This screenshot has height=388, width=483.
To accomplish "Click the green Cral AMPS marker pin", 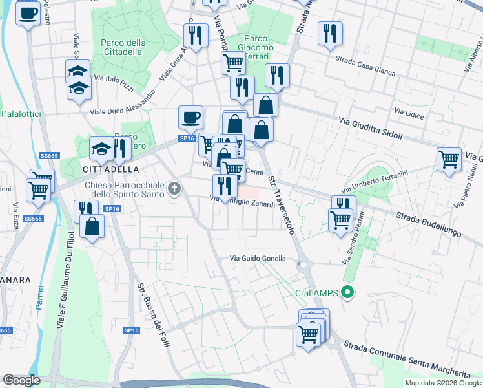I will click(348, 293).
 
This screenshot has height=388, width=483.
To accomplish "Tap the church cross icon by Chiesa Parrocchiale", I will click(173, 189).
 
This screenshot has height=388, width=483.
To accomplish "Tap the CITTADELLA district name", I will click(111, 169).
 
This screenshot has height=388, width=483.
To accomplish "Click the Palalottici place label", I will click(22, 113).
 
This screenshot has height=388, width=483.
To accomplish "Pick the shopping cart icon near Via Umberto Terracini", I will click(449, 158).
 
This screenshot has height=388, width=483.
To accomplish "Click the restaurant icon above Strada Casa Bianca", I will click(330, 32).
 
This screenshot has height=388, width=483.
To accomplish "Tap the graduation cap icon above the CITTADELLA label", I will click(101, 149).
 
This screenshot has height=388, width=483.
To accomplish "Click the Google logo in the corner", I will click(21, 380).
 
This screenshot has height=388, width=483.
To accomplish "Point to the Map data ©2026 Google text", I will click(443, 383).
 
